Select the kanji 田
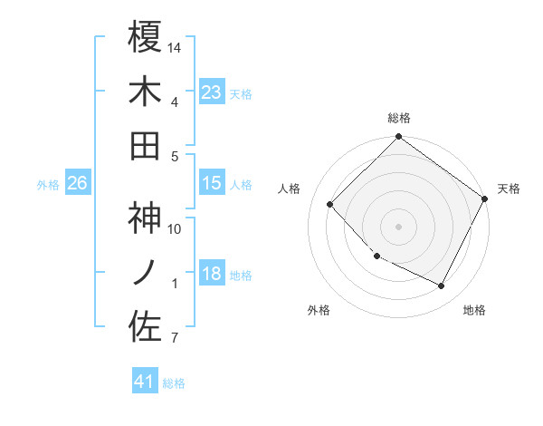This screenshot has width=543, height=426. [146, 144]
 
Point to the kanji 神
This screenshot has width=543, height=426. [146, 218]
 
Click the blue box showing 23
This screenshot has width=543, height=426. [211, 92]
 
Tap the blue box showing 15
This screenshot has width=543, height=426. [211, 183]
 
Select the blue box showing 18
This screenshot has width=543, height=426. [211, 275]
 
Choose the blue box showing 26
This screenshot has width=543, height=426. [77, 183]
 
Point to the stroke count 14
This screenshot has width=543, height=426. [176, 47]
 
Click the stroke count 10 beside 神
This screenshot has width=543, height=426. [175, 228]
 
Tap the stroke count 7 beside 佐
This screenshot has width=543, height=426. [175, 339]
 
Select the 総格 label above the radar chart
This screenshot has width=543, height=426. [399, 118]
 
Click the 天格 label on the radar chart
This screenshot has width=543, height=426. [509, 189]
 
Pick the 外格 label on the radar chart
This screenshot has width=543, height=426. [319, 310]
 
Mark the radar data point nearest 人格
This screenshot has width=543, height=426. [330, 204]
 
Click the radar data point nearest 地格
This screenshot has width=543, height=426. [442, 286]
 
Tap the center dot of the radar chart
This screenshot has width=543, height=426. [399, 227]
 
